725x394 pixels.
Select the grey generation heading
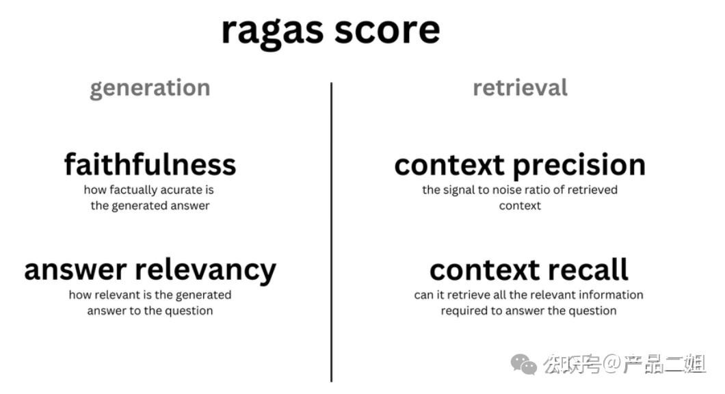(x=150, y=88)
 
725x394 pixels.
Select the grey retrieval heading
(x=520, y=88)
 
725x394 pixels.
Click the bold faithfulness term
(x=150, y=165)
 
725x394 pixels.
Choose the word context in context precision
(x=450, y=166)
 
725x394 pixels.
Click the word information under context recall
(x=609, y=295)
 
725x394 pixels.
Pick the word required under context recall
(x=464, y=311)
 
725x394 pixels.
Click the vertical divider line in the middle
(x=332, y=233)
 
